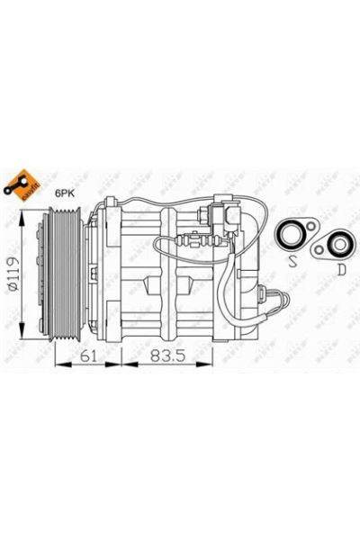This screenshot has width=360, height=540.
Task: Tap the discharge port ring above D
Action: tap(337, 241)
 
